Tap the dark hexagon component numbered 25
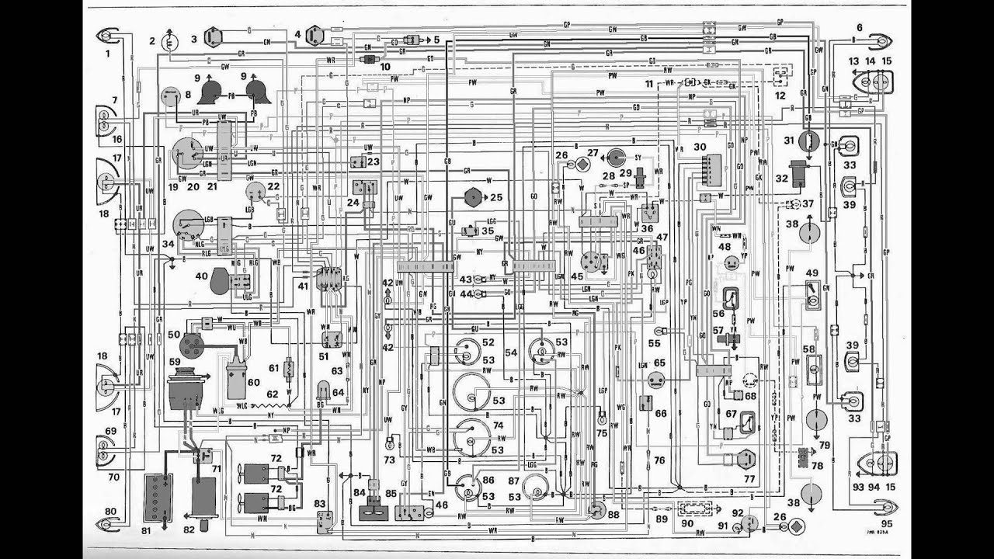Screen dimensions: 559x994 tap(473, 197)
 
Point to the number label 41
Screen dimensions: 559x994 tap(303, 286)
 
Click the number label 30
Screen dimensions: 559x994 tap(700, 147)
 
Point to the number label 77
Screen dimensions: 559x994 tap(749, 479)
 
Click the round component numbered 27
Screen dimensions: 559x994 tap(616, 157)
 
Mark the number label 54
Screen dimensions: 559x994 tap(510, 352)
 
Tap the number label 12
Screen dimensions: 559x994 tap(780, 95)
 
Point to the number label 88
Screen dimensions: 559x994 tap(613, 513)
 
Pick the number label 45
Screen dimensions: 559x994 tap(577, 276)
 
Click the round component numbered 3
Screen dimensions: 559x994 tap(213, 37)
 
